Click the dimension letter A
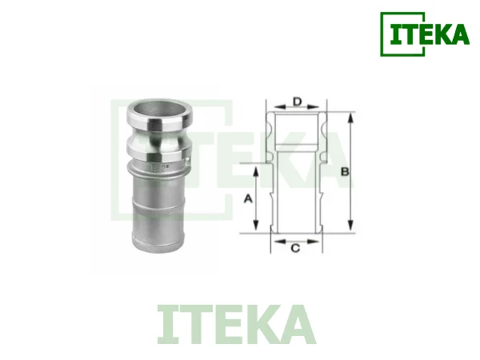pyautogui.click(x=248, y=198)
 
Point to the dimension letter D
pyautogui.click(x=296, y=102)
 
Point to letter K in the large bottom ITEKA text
pyautogui.click(x=263, y=324)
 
